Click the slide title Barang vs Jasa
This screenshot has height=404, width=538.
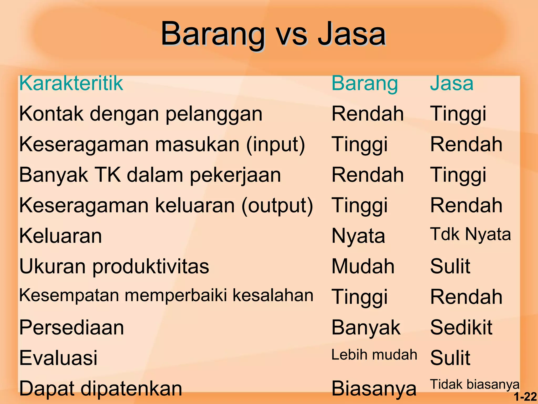tap(273, 34)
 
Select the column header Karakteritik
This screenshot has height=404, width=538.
tap(71, 83)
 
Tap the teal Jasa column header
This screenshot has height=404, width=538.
tap(452, 83)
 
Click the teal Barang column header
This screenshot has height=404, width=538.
tap(365, 83)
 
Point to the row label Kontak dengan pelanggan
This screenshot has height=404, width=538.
tap(141, 114)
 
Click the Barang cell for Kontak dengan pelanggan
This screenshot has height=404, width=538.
tap(368, 114)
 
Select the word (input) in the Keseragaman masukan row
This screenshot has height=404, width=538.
tap(276, 144)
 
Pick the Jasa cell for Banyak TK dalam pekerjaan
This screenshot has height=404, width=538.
tap(458, 175)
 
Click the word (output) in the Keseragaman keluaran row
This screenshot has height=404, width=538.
tap(277, 205)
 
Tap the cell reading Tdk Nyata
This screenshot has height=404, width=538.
tap(470, 234)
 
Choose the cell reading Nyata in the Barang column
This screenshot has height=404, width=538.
tap(358, 236)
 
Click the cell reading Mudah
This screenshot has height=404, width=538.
tap(363, 266)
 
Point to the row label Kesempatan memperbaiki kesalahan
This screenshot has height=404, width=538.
tap(166, 295)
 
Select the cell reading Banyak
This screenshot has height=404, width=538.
tap(366, 328)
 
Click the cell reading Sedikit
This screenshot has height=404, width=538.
tap(461, 327)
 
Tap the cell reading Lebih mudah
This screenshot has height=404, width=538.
tap(374, 355)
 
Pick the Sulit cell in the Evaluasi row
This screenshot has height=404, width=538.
tap(450, 358)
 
